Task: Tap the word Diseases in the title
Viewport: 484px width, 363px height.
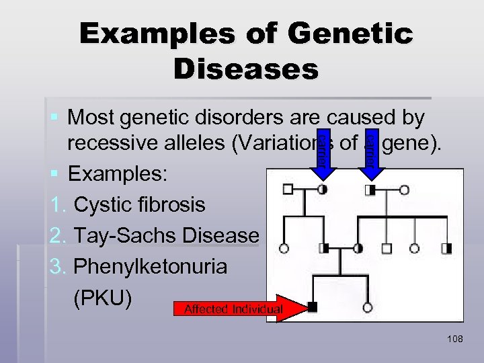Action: [x=245, y=68]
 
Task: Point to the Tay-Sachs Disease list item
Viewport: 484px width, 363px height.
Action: [x=166, y=235]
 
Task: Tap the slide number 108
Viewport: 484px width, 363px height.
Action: [x=454, y=339]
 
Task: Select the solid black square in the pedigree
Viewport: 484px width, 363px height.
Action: [x=312, y=307]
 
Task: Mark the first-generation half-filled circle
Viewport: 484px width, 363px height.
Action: [x=323, y=190]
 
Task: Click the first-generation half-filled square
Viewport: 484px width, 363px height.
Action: [x=370, y=190]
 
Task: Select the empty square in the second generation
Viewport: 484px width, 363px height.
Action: [x=387, y=248]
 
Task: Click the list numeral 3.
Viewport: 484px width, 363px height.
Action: [x=56, y=267]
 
